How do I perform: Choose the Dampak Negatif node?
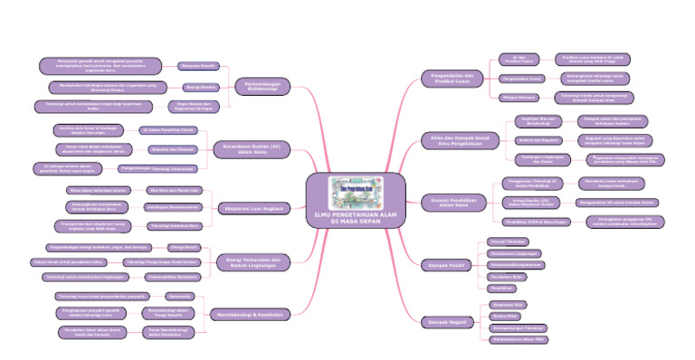click(445, 320)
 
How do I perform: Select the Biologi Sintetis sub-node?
click(200, 87)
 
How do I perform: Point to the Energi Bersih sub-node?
click(186, 246)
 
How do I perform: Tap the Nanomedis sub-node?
click(179, 296)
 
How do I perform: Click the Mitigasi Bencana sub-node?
click(517, 95)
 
